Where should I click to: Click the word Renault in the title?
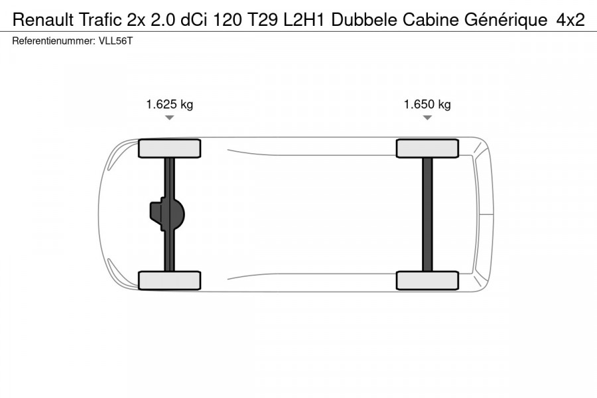tap(43, 19)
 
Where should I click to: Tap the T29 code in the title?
tap(263, 19)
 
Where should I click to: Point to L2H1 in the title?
tap(304, 19)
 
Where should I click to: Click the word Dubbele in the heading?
tap(364, 19)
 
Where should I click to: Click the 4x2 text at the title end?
tap(570, 19)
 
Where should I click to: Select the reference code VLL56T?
tap(115, 41)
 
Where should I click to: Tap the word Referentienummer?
tap(54, 41)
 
